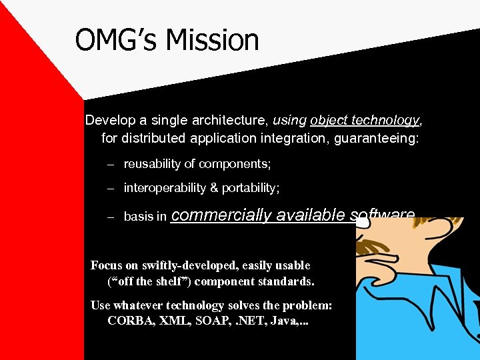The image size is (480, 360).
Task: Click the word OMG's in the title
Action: point(117,40)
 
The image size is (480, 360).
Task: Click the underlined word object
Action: point(331,121)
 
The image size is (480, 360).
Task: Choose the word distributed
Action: point(157,139)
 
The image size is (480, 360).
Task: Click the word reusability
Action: point(152,164)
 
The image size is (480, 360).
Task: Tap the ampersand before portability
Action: point(214,188)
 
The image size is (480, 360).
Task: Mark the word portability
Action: point(251,188)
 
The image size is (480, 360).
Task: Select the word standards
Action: point(285,281)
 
